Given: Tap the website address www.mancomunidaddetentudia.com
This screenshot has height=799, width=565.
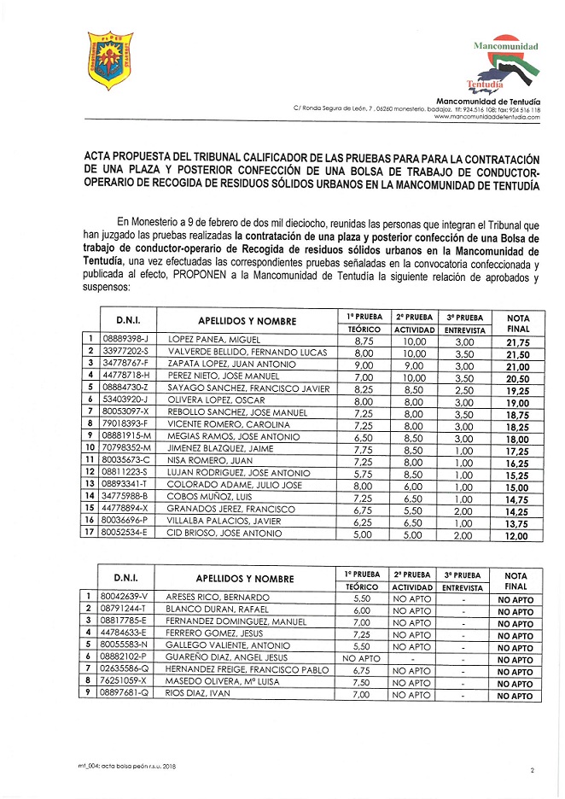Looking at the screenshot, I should [x=486, y=116].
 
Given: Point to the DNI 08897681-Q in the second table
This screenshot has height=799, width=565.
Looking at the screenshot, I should [x=125, y=697].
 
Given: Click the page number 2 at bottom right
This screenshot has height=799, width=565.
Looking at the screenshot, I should [x=531, y=771].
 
